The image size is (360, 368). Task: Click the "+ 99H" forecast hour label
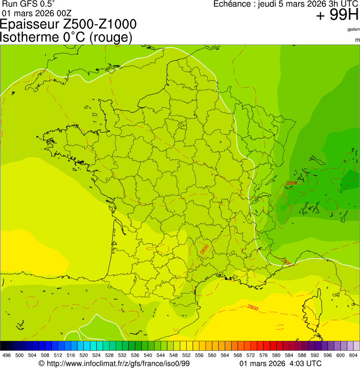point(337,15)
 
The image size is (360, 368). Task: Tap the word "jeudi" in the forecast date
point(269,4)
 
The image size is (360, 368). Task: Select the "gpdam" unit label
point(353,29)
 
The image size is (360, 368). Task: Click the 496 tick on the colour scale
point(7,355)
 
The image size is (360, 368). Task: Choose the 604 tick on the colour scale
point(353,355)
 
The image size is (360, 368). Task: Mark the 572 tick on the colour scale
point(251,355)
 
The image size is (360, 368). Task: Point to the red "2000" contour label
point(291,183)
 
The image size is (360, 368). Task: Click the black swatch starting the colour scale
point(4,346)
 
